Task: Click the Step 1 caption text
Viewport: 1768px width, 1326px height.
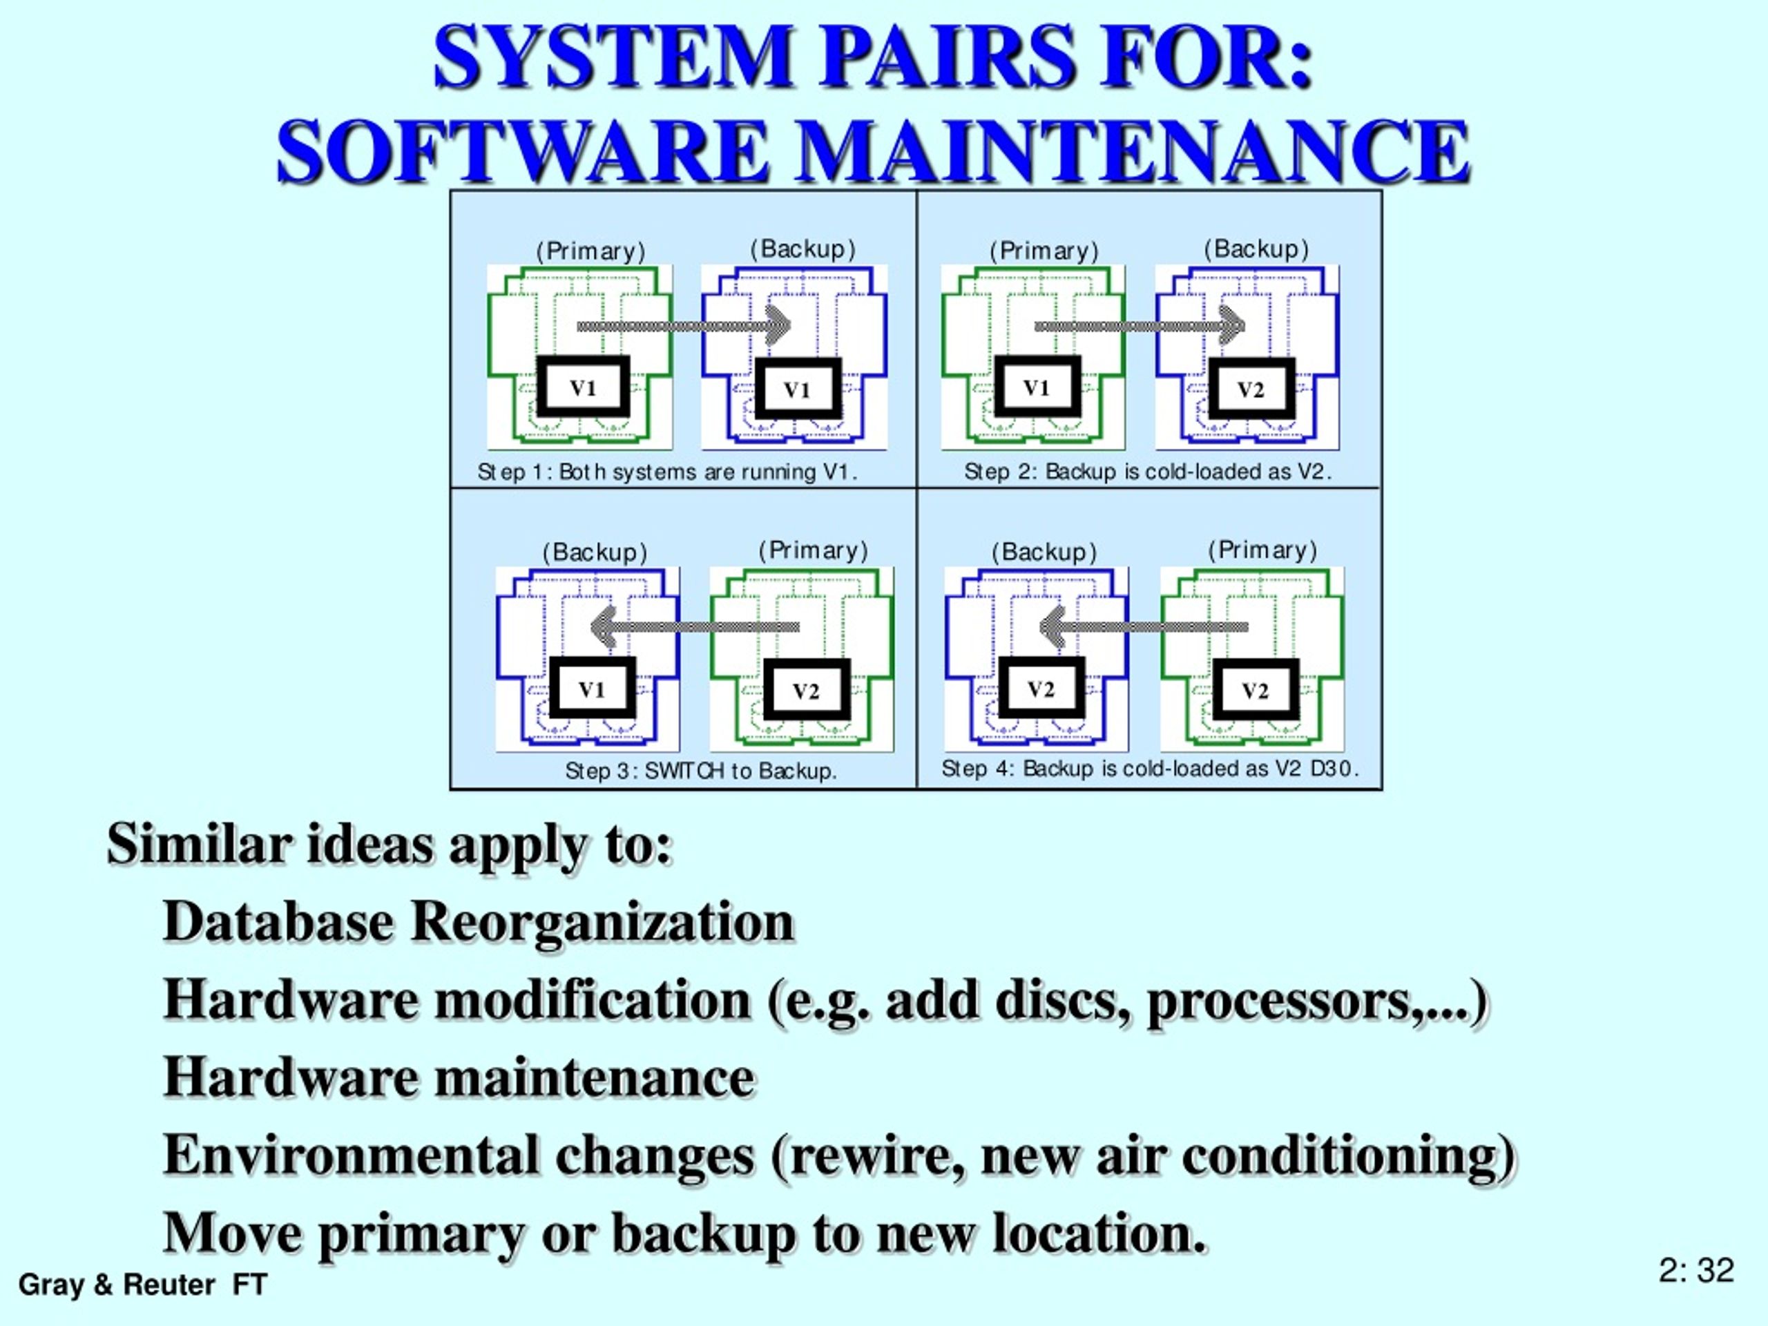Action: [667, 472]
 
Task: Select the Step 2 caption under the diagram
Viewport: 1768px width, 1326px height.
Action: [1149, 472]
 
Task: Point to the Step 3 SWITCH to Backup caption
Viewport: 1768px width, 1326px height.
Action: [701, 771]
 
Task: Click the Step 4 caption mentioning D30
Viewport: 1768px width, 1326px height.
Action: [1150, 769]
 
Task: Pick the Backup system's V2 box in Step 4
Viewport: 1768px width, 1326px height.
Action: [1041, 688]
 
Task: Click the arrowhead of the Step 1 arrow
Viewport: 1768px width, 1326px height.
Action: [779, 325]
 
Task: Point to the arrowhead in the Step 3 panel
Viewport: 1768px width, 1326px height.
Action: [603, 626]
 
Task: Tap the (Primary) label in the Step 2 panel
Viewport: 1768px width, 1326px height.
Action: [1044, 251]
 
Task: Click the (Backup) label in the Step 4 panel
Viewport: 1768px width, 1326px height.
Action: [1044, 552]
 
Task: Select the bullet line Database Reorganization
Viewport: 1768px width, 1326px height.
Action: [479, 921]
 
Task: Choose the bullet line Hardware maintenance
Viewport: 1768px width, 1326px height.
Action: [459, 1077]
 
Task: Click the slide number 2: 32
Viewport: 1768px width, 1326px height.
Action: [1696, 1270]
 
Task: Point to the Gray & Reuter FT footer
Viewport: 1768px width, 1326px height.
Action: [143, 1285]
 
